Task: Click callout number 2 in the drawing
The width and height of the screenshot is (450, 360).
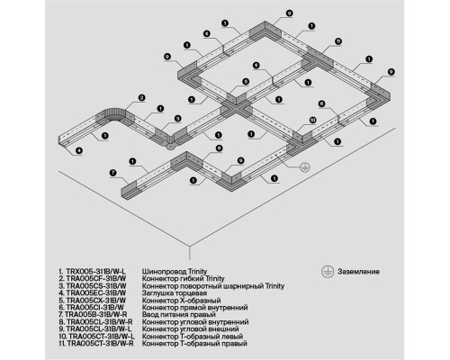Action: [x=141, y=96]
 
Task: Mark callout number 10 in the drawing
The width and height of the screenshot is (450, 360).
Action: [x=311, y=119]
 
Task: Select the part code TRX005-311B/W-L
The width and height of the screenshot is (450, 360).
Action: [x=93, y=271]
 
